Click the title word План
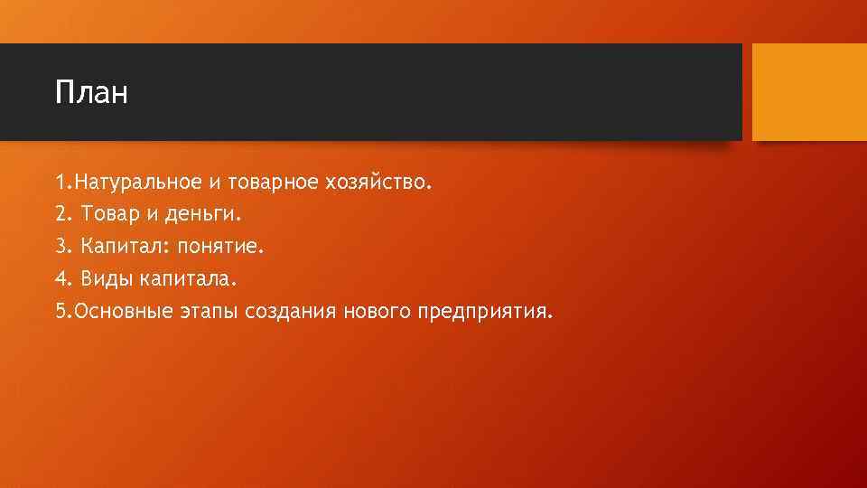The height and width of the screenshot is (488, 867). (91, 92)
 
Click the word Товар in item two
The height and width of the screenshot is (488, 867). (107, 215)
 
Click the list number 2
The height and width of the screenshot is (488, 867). (60, 215)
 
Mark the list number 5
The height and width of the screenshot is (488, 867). (60, 312)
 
